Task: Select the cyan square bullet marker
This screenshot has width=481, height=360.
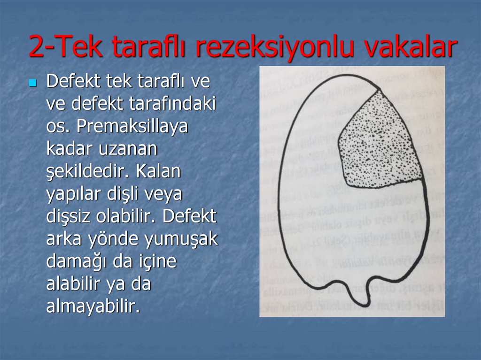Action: click(x=32, y=84)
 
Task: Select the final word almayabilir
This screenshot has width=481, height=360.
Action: click(x=93, y=307)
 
